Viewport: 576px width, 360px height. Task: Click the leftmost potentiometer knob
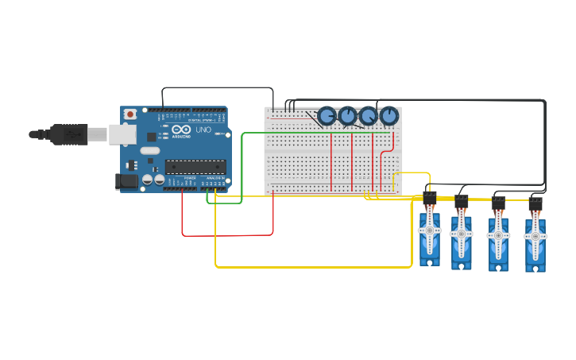327,116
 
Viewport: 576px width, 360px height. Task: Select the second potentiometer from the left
347,116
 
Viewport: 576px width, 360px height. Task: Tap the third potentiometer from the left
368,116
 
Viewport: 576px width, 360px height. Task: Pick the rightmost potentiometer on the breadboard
388,116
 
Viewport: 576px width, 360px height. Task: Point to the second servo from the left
462,238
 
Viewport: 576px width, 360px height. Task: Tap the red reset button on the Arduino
130,114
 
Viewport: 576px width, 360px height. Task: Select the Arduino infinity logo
180,130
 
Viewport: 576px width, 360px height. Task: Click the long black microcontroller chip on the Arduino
195,167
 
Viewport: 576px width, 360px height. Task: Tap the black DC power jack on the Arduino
127,182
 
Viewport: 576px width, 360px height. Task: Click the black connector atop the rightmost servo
535,203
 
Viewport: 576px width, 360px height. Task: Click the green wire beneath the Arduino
225,203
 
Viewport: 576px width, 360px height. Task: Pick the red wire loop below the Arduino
227,235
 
